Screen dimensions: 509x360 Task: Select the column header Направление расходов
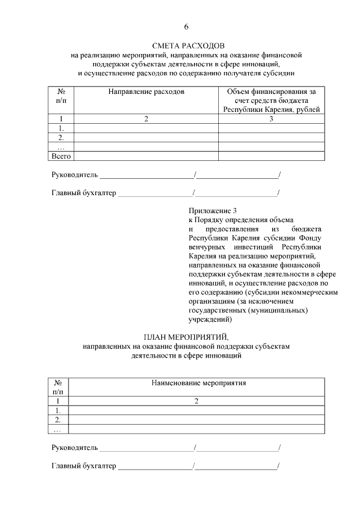point(146,91)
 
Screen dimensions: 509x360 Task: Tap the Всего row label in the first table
point(61,156)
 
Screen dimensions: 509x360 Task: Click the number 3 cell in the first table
point(271,119)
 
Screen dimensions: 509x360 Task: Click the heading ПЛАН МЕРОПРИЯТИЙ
point(186,337)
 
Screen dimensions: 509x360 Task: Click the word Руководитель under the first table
point(75,175)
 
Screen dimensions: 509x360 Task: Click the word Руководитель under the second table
point(75,448)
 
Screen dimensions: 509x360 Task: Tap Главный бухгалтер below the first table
point(84,193)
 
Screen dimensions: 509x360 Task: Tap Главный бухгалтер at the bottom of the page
point(84,466)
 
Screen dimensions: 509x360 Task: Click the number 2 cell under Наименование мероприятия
point(196,401)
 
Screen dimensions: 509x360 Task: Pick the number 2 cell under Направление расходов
point(146,119)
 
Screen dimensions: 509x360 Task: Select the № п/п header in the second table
point(57,387)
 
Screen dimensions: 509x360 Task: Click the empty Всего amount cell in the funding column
point(271,156)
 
